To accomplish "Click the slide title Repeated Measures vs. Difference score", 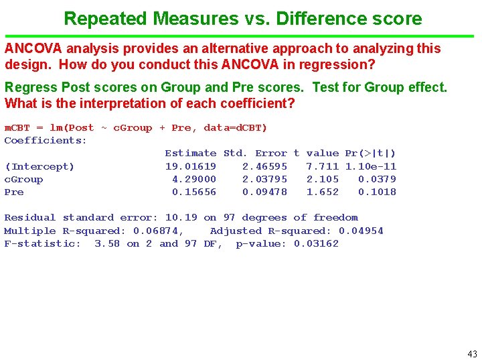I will pyautogui.click(x=242, y=18).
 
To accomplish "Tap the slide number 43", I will pyautogui.click(x=472, y=353).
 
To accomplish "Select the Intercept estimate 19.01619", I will pyautogui.click(x=191, y=166).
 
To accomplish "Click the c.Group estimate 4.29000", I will pyautogui.click(x=194, y=179).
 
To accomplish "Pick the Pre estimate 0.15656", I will pyautogui.click(x=194, y=192).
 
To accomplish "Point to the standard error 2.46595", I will pyautogui.click(x=264, y=166).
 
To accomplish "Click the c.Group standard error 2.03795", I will pyautogui.click(x=264, y=179).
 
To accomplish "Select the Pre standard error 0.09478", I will pyautogui.click(x=264, y=192).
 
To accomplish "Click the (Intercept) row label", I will pyautogui.click(x=39, y=166).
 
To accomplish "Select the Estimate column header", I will pyautogui.click(x=191, y=154).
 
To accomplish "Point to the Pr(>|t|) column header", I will pyautogui.click(x=370, y=154).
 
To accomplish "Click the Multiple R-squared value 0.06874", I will pyautogui.click(x=158, y=231).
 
